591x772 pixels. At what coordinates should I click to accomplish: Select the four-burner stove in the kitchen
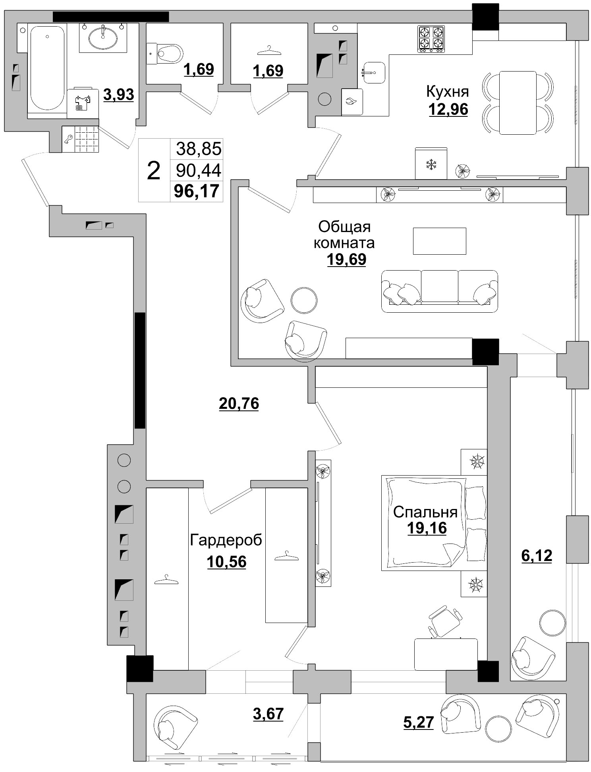pyautogui.click(x=431, y=39)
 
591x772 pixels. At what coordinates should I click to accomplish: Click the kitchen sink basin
pyautogui.click(x=374, y=72)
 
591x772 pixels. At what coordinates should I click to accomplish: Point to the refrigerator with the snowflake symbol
pyautogui.click(x=431, y=163)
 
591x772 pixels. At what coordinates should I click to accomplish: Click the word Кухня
pyautogui.click(x=447, y=92)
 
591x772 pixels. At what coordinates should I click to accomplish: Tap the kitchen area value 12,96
pyautogui.click(x=448, y=109)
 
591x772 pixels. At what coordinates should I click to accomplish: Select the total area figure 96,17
pyautogui.click(x=197, y=191)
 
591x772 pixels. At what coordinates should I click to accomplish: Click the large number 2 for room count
pyautogui.click(x=154, y=170)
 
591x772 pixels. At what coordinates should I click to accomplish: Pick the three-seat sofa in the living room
pyautogui.click(x=439, y=291)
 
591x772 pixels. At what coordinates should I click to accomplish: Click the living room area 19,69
pyautogui.click(x=346, y=259)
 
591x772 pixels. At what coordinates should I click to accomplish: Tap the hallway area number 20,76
pyautogui.click(x=239, y=404)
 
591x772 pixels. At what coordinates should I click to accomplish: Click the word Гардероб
pyautogui.click(x=226, y=540)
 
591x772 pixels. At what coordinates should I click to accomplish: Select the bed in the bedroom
pyautogui.click(x=434, y=523)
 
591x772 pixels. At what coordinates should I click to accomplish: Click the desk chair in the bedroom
pyautogui.click(x=445, y=621)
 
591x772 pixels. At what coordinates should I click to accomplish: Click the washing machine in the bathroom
pyautogui.click(x=83, y=103)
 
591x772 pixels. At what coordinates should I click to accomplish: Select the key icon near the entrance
pyautogui.click(x=68, y=139)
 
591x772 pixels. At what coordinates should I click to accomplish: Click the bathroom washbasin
pyautogui.click(x=103, y=38)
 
